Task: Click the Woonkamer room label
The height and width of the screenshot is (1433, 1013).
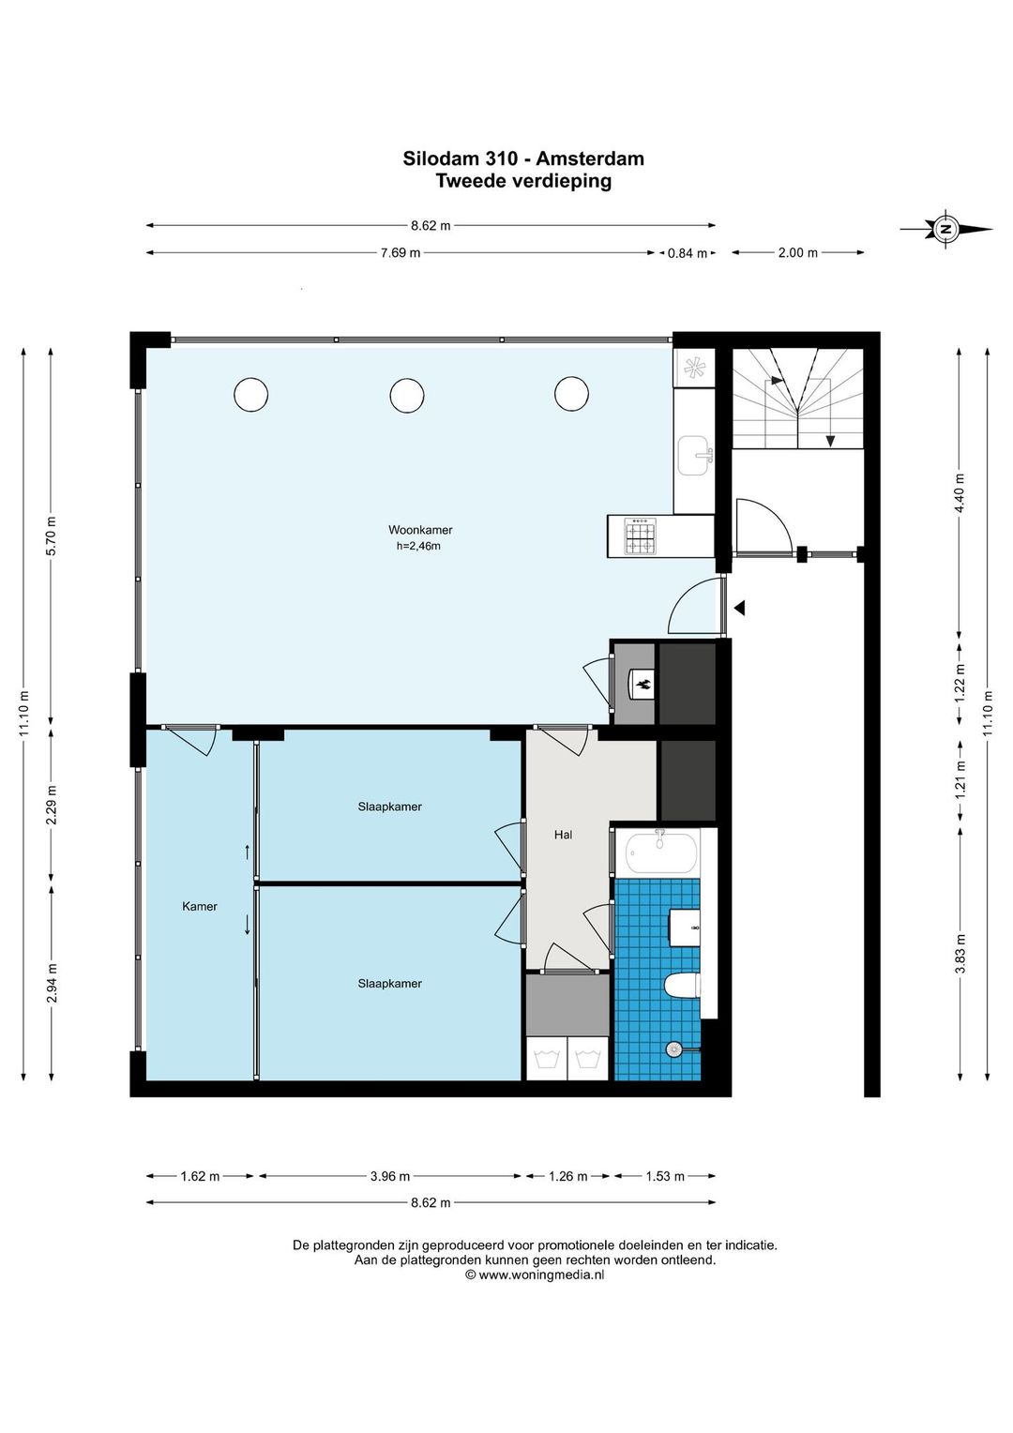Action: click(x=420, y=530)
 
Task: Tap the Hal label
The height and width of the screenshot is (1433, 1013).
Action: click(x=563, y=835)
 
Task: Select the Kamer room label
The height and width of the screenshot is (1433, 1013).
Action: click(x=200, y=907)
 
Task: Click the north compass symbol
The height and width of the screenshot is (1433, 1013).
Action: click(x=945, y=229)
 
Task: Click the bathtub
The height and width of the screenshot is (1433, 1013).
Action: click(x=660, y=852)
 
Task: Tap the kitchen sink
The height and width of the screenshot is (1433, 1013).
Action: click(x=694, y=456)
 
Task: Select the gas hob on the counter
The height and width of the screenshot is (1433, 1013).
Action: click(x=640, y=535)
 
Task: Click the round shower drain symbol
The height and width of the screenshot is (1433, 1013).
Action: click(x=673, y=1048)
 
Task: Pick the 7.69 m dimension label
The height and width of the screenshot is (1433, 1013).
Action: click(x=401, y=252)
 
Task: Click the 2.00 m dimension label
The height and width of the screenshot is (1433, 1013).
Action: click(x=798, y=252)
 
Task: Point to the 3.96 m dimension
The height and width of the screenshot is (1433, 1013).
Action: click(x=389, y=1176)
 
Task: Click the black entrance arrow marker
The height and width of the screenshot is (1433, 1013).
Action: click(x=740, y=609)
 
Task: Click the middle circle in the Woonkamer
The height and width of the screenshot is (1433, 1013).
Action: click(x=406, y=395)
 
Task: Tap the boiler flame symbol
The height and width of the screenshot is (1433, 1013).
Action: click(x=643, y=686)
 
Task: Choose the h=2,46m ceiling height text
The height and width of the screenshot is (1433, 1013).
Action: click(x=418, y=547)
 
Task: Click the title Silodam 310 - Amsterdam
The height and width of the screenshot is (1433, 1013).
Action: click(x=522, y=158)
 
